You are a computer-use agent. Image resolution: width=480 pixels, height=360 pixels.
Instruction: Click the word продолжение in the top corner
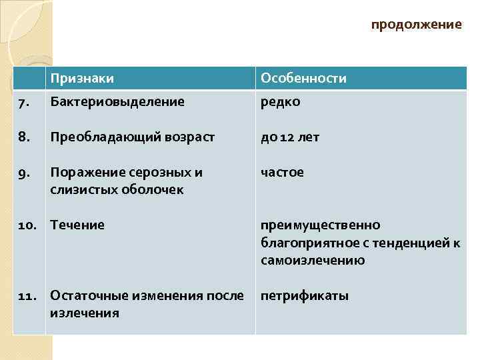(x=416, y=25)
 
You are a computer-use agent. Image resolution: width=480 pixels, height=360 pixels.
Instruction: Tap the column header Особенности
(x=303, y=79)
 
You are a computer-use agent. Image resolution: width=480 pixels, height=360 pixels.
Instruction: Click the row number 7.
(x=23, y=103)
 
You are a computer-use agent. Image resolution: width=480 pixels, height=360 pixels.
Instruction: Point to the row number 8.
(x=24, y=137)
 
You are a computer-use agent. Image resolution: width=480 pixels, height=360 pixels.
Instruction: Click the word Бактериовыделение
(x=117, y=102)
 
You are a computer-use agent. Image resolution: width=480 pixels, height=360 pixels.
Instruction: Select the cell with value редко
(x=280, y=102)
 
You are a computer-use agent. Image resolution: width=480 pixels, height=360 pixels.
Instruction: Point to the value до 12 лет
(x=290, y=137)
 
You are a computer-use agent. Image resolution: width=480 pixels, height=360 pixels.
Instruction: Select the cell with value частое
(x=282, y=173)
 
